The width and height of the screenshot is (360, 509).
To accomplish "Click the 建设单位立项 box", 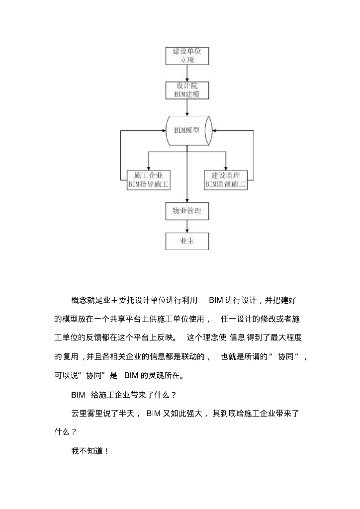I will (186, 56).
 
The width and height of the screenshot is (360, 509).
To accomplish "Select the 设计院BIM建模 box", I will (186, 90).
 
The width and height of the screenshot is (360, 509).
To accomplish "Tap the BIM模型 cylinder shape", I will (186, 130).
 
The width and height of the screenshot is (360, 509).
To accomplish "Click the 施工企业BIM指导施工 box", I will (149, 180).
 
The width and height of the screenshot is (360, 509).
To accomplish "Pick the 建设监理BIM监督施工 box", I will (226, 180).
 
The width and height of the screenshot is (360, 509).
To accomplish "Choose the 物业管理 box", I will (186, 212).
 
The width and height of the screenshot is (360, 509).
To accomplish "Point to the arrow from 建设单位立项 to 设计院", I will (186, 73).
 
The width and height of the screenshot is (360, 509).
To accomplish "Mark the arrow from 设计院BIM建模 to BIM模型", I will (186, 107).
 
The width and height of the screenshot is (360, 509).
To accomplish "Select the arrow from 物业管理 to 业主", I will (186, 226).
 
